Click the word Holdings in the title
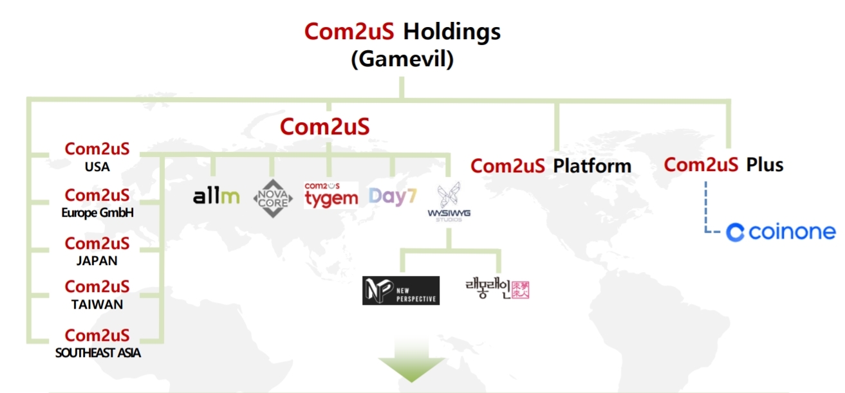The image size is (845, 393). pyautogui.click(x=452, y=32)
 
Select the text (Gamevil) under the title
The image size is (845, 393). pyautogui.click(x=402, y=59)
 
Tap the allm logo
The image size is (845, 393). pyautogui.click(x=216, y=196)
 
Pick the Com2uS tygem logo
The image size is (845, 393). pyautogui.click(x=331, y=195)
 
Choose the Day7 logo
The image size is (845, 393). pyautogui.click(x=393, y=196)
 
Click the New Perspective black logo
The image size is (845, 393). pyautogui.click(x=401, y=290)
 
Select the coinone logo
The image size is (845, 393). pyautogui.click(x=781, y=232)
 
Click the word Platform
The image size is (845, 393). pyautogui.click(x=592, y=166)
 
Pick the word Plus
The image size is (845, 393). pyautogui.click(x=765, y=165)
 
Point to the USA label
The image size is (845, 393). pyautogui.click(x=97, y=167)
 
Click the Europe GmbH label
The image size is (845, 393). pyautogui.click(x=97, y=213)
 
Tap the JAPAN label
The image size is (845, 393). pyautogui.click(x=97, y=261)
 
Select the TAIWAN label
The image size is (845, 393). pyautogui.click(x=97, y=304)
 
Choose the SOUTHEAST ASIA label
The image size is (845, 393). pyautogui.click(x=98, y=352)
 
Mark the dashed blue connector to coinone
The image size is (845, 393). pyautogui.click(x=706, y=209)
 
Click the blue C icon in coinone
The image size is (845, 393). pyautogui.click(x=735, y=232)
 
